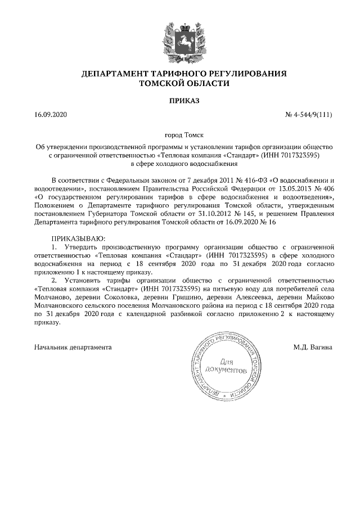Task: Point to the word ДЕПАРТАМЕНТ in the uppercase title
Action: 114,74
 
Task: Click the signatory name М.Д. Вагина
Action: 312,347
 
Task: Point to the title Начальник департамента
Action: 73,347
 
